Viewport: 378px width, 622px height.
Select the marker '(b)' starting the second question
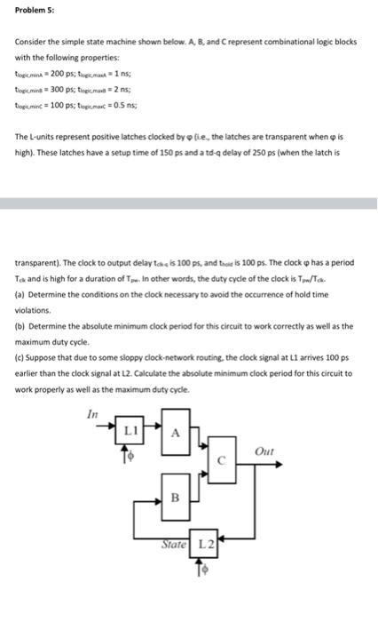point(20,325)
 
